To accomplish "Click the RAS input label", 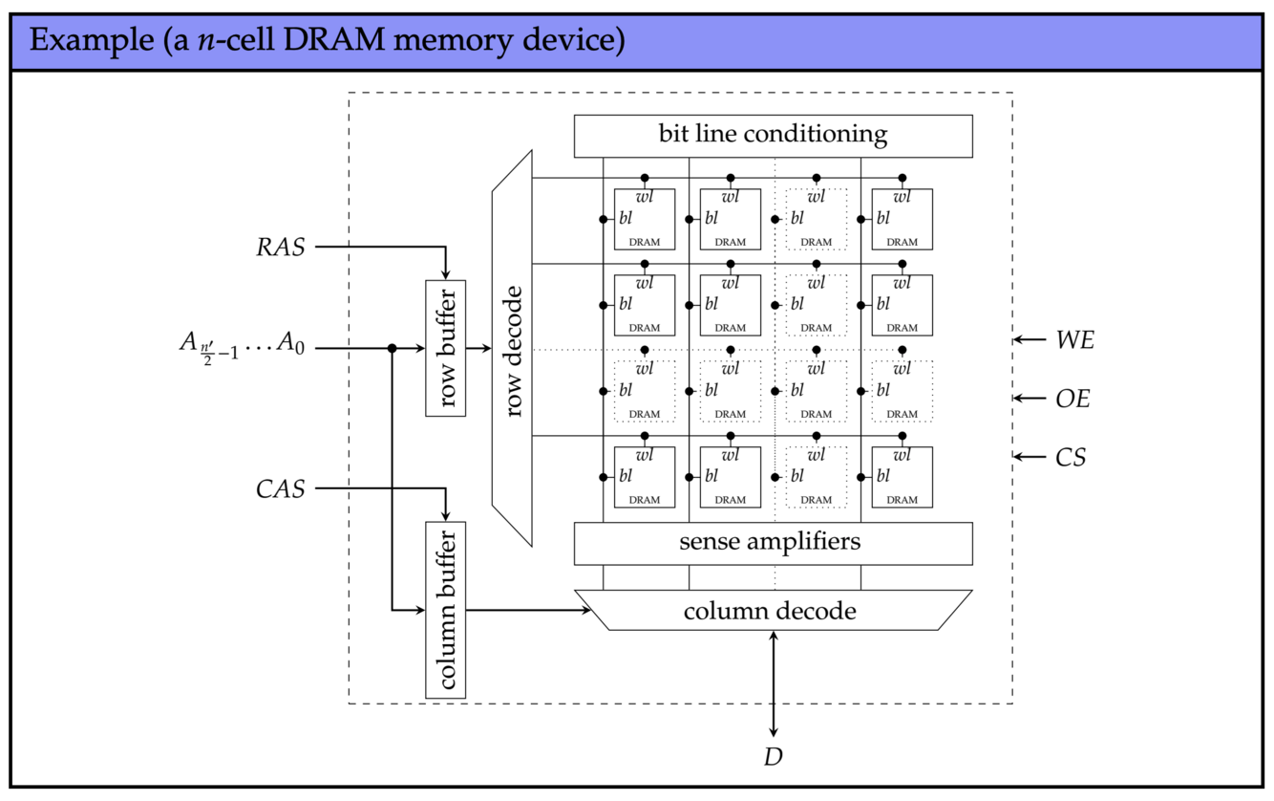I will [x=281, y=248].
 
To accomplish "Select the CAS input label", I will [x=281, y=489].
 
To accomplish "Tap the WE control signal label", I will [x=1074, y=339].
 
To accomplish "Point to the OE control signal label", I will [x=1072, y=399].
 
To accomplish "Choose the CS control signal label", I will [x=1071, y=458].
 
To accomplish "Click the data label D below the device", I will [x=773, y=758].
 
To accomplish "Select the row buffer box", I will [x=445, y=348].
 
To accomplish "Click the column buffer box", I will [x=445, y=610].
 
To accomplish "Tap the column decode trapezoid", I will [x=773, y=610].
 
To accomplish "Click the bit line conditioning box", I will [x=773, y=136].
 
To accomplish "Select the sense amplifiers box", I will [x=773, y=543].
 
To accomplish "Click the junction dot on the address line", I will [x=392, y=349].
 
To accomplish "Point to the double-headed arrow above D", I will [x=773, y=683].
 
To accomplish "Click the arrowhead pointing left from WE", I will [x=1019, y=339].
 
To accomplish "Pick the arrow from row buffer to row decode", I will [x=478, y=349].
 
